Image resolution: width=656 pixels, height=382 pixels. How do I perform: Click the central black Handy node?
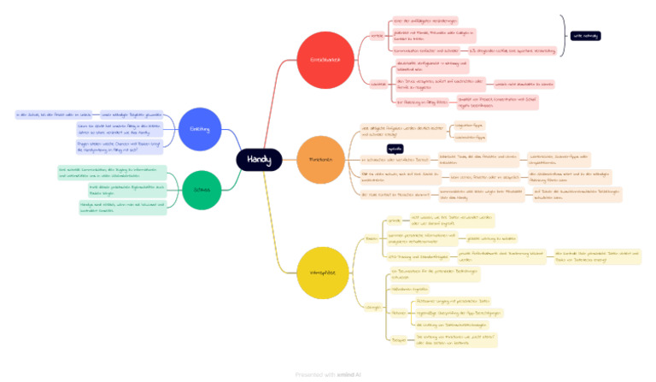pyautogui.click(x=259, y=160)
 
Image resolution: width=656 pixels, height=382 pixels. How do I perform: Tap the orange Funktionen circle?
pyautogui.click(x=320, y=160)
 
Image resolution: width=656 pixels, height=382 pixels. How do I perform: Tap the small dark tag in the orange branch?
pyautogui.click(x=395, y=149)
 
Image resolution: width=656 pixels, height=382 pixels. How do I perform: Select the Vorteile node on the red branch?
pyautogui.click(x=376, y=35)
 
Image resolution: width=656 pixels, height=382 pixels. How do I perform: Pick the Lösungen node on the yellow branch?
pyautogui.click(x=373, y=305)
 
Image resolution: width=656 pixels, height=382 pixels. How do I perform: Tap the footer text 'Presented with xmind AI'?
pyautogui.click(x=328, y=373)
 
